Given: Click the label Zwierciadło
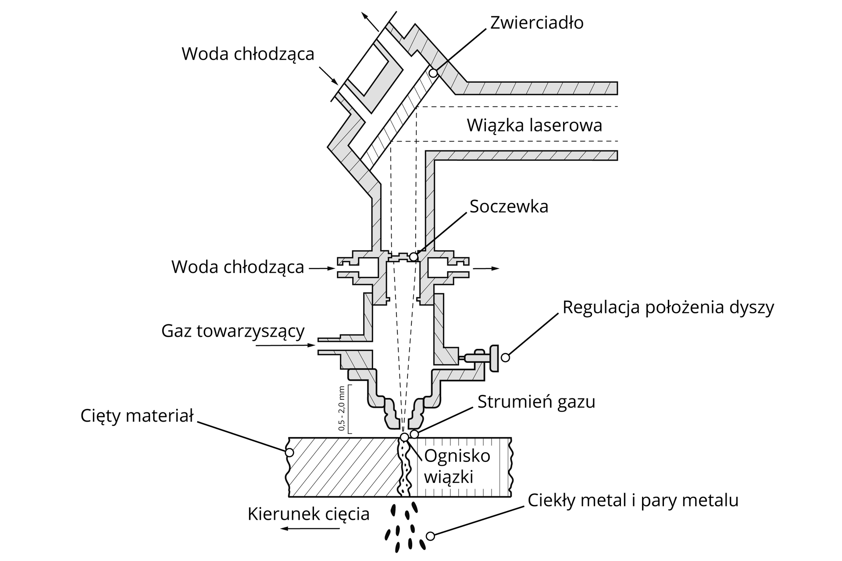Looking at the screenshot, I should coord(536,23).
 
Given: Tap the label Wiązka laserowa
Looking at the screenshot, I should coord(534,125).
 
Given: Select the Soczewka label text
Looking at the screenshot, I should coord(509,206).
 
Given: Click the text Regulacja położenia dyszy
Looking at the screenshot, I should coord(668,307).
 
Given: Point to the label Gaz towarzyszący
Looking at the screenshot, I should coord(233,331).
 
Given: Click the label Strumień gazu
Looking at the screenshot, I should coord(536,401).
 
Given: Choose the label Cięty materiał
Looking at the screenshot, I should coord(137,415).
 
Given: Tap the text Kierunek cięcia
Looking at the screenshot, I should coord(308,514).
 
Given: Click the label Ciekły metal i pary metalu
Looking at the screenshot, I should coord(633,500).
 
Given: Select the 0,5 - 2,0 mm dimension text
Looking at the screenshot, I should coord(343,408).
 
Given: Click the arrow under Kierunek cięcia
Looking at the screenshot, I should coord(310,529).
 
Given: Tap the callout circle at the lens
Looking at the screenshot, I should coord(413,256).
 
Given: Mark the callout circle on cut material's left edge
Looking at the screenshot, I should coord(289,452).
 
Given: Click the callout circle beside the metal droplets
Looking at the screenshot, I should coord(430,536).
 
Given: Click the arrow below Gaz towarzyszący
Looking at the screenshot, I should coord(285,345).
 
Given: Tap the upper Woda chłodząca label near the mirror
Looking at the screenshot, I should coord(248,54).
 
